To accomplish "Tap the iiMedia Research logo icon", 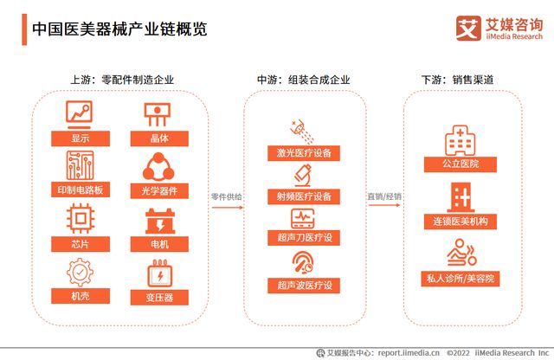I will (467, 28).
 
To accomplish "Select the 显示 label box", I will (80, 138).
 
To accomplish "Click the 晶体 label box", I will (159, 138).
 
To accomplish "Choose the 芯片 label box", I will (80, 244).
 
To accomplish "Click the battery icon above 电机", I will (159, 220).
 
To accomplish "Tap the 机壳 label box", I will (80, 297).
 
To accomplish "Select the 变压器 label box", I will (159, 297).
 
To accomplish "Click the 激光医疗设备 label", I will (303, 153).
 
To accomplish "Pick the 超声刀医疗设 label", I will (303, 238).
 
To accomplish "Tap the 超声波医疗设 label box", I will (303, 285).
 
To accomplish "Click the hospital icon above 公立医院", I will (461, 139).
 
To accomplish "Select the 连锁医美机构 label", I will (461, 221).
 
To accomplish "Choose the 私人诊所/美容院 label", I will (461, 279).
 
